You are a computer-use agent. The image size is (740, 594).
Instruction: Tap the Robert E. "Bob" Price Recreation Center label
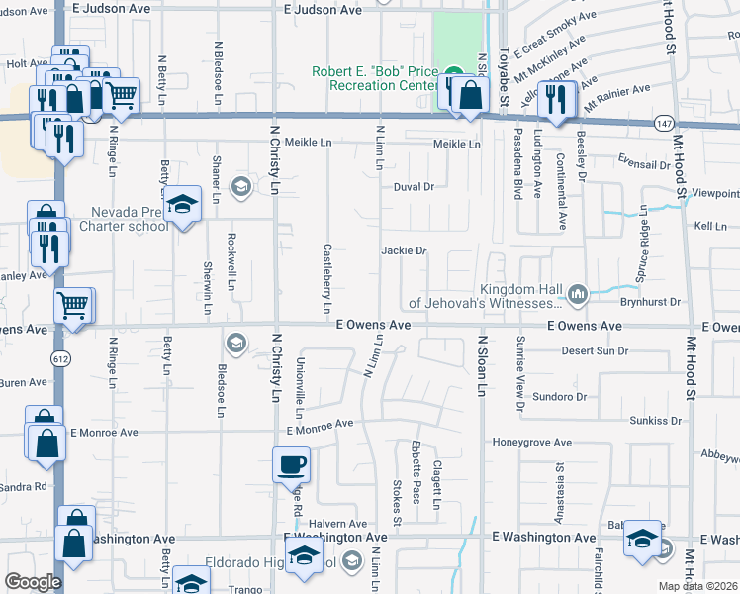pyautogui.click(x=375, y=78)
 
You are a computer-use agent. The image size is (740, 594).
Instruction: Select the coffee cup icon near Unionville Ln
pyautogui.click(x=292, y=462)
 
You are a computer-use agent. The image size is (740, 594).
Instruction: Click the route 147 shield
pyautogui.click(x=663, y=122)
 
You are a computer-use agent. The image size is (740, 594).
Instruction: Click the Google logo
pyautogui.click(x=33, y=581)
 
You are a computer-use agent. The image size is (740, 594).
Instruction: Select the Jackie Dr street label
pyautogui.click(x=404, y=250)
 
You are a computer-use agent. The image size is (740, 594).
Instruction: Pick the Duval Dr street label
pyautogui.click(x=414, y=186)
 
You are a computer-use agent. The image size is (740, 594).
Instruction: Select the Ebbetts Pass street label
pyautogui.click(x=416, y=471)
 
